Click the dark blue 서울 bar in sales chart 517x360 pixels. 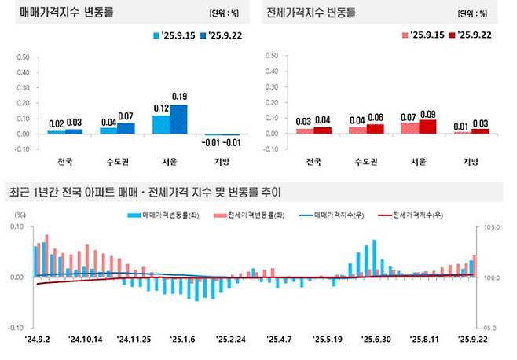pyautogui.click(x=179, y=119)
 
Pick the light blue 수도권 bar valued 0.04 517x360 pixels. pyautogui.click(x=108, y=130)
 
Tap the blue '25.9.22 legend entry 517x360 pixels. pyautogui.click(x=215, y=35)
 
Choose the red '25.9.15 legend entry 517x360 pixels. pyautogui.click(x=423, y=35)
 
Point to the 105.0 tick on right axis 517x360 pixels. pyautogui.click(x=492, y=227)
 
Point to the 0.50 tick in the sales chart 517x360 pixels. pyautogui.click(x=23, y=57)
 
